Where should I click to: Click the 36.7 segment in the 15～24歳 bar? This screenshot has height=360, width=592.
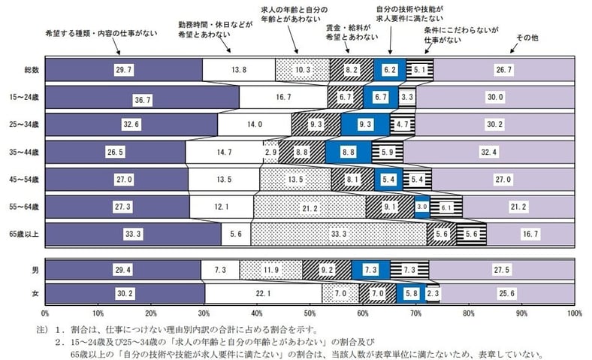tap(142, 98)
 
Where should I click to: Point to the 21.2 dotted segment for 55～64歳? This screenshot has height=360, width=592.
tap(310, 207)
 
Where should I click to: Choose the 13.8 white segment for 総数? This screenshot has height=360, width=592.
tap(239, 70)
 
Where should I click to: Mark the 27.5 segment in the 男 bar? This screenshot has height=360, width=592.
tap(502, 268)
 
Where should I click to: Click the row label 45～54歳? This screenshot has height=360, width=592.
tap(26, 180)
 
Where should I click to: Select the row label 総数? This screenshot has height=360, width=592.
tap(31, 70)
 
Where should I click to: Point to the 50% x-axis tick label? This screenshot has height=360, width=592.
tap(310, 311)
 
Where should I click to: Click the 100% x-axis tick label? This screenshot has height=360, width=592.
tap(575, 311)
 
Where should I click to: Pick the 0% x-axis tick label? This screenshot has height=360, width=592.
tap(45, 311)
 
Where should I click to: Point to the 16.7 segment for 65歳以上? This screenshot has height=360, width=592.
tap(530, 234)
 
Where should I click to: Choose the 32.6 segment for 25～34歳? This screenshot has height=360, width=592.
tap(131, 125)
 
